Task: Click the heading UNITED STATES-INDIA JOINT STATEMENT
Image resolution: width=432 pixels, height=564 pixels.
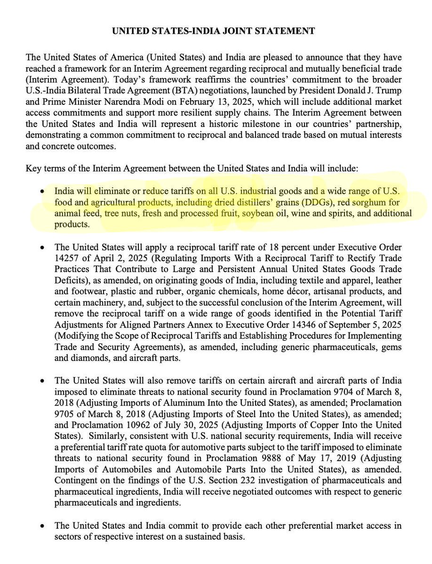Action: pos(213,31)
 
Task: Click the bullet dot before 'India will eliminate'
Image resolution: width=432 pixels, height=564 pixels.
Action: pos(43,192)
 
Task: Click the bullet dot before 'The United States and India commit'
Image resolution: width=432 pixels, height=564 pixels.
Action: pos(43,527)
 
